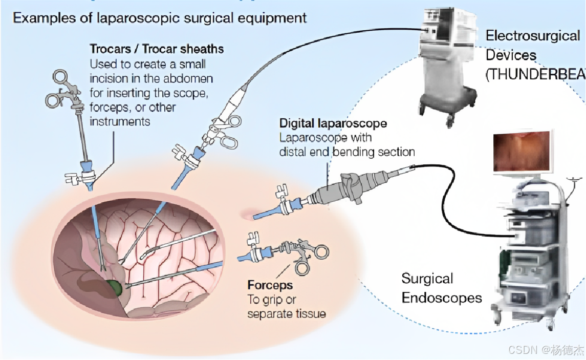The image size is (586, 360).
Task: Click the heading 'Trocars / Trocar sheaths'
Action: coord(157,49)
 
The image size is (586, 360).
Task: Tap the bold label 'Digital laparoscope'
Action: coord(333,123)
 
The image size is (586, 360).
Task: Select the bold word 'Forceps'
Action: coord(270,285)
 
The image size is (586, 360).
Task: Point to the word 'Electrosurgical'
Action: coord(533,36)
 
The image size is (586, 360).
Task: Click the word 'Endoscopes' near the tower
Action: coord(442,298)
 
